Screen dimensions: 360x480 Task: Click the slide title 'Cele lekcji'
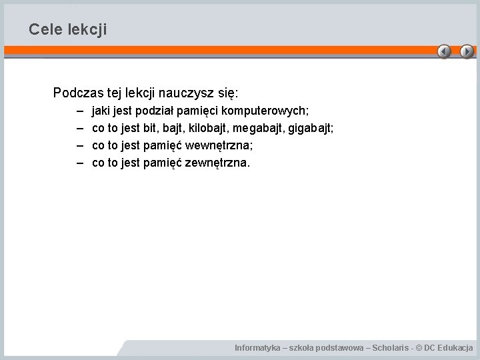(67, 30)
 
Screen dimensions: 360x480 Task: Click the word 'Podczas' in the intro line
(75, 92)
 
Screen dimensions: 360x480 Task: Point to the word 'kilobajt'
(207, 127)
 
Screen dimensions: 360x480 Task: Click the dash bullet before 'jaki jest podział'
(80, 109)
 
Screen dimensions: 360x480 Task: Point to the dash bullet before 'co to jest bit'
(80, 127)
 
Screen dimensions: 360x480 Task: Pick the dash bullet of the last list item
(80, 162)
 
